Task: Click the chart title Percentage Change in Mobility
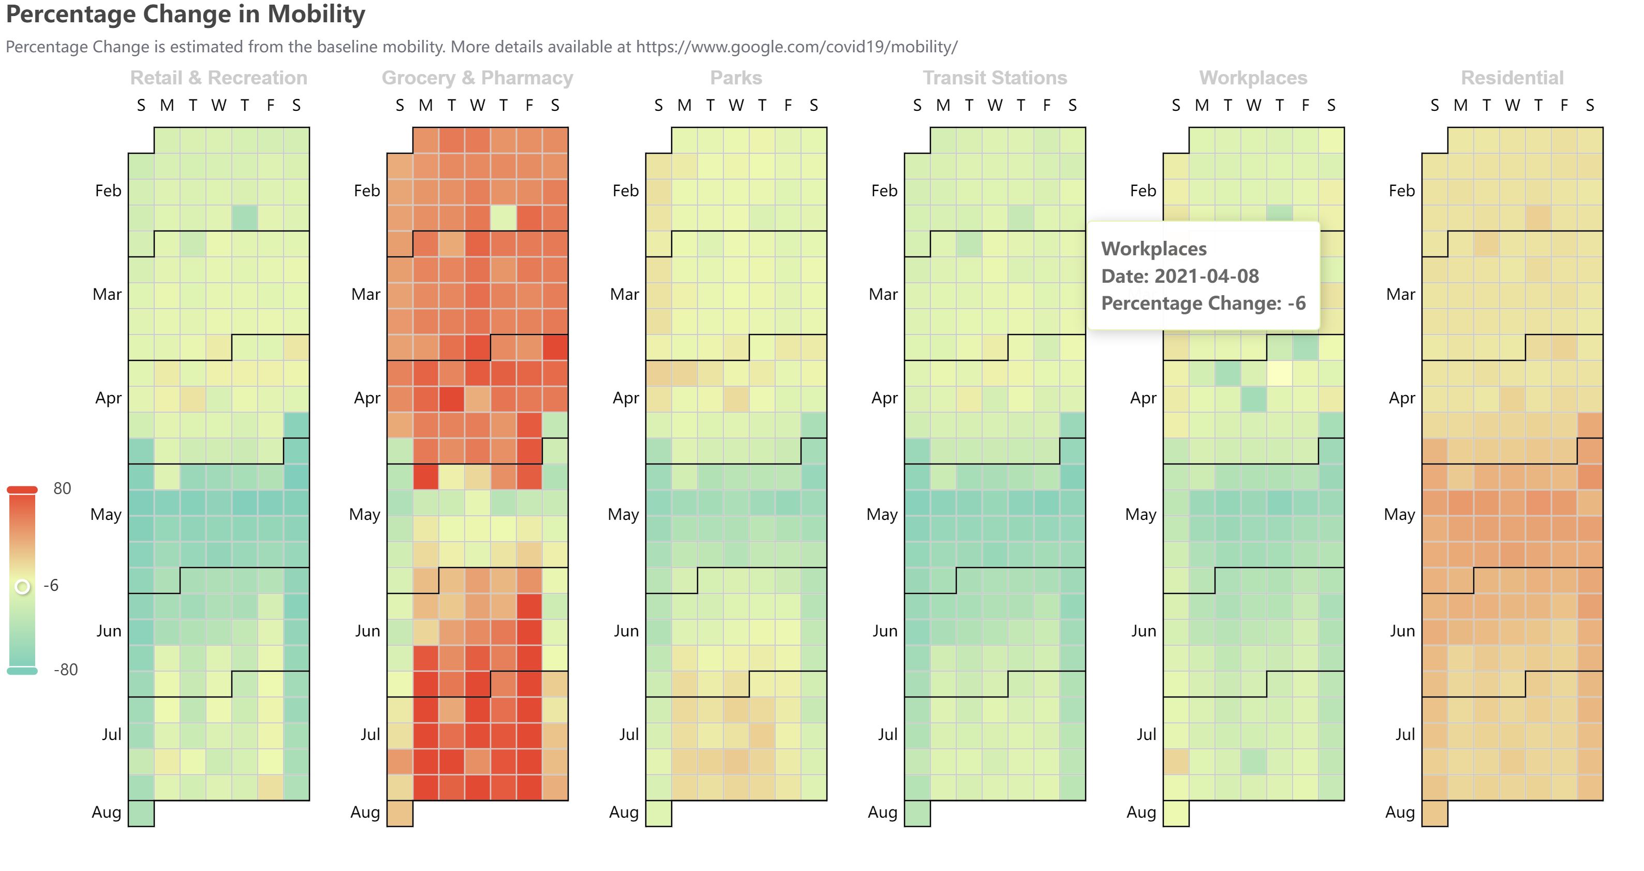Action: click(x=185, y=14)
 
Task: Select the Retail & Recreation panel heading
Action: click(x=218, y=78)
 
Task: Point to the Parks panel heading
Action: click(x=736, y=78)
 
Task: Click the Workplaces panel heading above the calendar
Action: click(x=1253, y=78)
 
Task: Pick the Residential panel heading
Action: click(x=1512, y=78)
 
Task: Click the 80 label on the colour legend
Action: click(x=62, y=488)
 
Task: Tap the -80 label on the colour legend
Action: click(x=65, y=670)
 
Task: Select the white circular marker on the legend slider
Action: click(x=22, y=586)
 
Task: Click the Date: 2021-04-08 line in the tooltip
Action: click(x=1179, y=276)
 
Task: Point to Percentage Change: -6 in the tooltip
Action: click(x=1203, y=303)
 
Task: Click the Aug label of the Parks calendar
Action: click(x=624, y=812)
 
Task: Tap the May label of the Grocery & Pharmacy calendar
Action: click(x=364, y=515)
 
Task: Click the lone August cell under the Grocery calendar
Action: click(x=400, y=813)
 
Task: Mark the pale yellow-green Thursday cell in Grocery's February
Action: click(x=503, y=217)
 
